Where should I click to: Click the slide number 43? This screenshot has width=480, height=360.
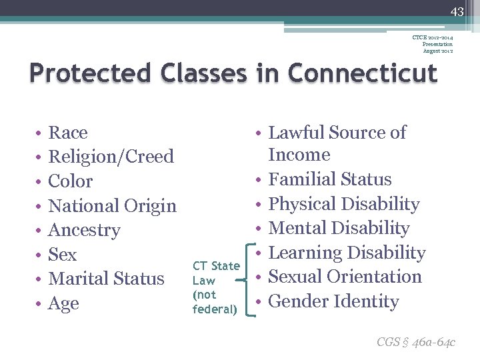[456, 11]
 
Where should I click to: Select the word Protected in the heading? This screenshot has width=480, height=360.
[83, 73]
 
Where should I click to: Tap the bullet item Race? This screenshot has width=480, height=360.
[68, 133]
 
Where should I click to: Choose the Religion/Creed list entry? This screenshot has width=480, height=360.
[111, 157]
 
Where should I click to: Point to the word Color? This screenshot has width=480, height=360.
[71, 181]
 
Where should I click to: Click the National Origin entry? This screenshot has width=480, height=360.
[112, 206]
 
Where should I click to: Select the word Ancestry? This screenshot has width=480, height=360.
[84, 231]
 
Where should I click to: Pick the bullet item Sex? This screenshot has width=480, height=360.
[63, 255]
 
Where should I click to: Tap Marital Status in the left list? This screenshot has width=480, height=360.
[106, 279]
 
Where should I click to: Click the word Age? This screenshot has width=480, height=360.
[64, 303]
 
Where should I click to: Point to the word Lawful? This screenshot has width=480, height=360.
[298, 133]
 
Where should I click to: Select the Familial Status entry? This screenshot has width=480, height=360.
[329, 179]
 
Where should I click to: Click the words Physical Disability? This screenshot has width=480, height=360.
[343, 204]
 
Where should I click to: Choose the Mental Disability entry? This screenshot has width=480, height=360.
[338, 228]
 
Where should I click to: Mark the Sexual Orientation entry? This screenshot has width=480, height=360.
[344, 277]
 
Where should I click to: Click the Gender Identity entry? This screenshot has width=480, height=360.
[333, 301]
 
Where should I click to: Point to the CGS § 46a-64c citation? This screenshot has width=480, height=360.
[415, 342]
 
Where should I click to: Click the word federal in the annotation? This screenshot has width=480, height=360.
[215, 309]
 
